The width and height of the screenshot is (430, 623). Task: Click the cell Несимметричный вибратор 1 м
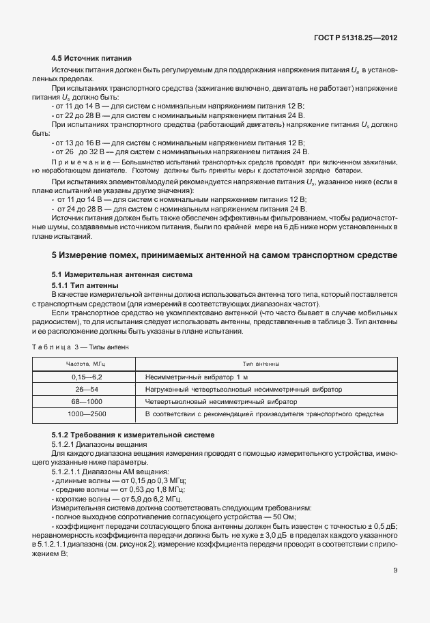192,377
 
